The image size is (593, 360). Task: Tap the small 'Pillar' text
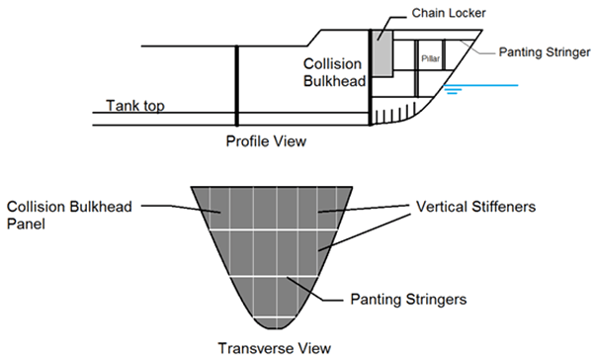tap(430, 58)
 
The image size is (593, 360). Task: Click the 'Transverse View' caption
tap(273, 347)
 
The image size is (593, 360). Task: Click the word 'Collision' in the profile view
tap(327, 62)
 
